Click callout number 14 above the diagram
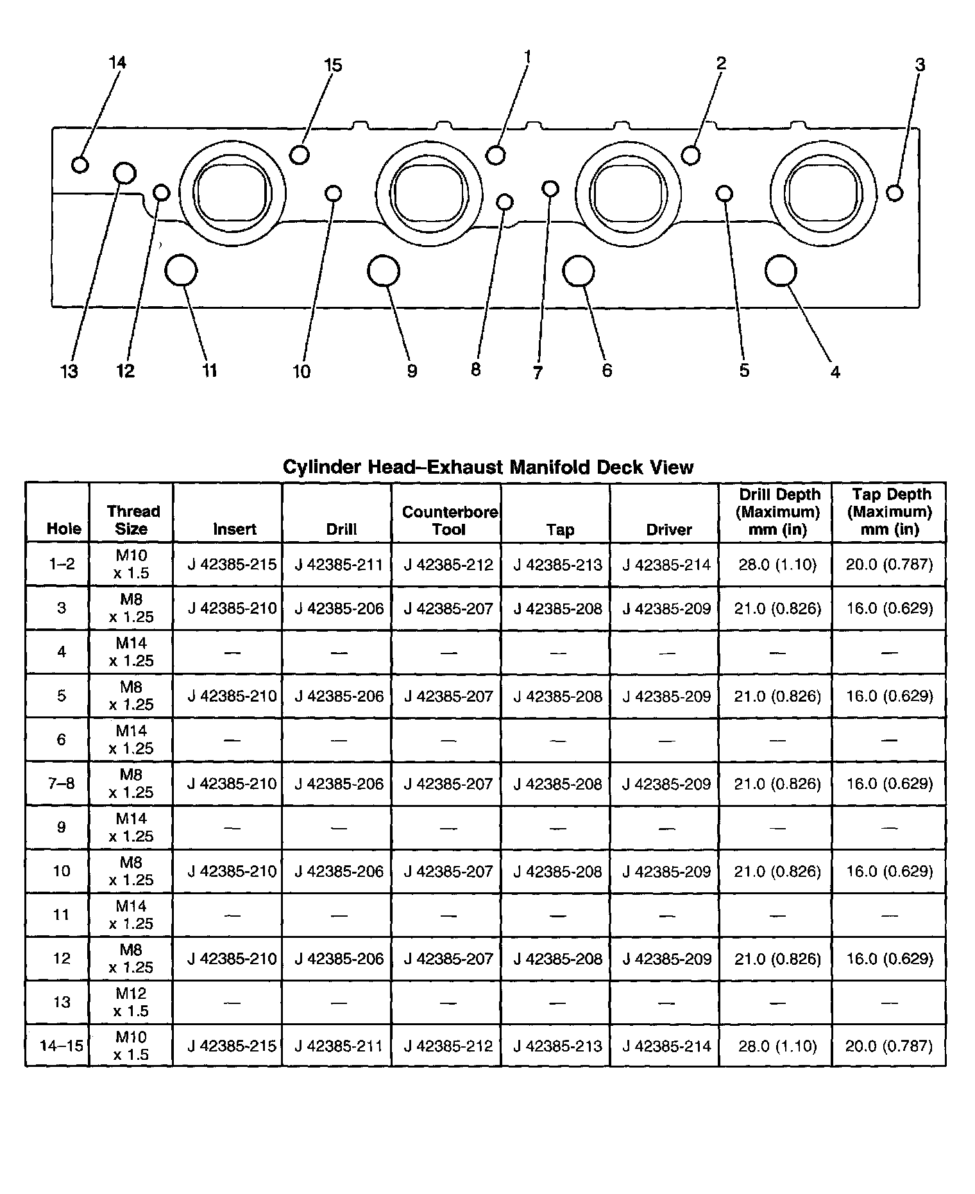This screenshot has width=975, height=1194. click(x=117, y=62)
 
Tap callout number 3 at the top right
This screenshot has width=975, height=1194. click(x=920, y=65)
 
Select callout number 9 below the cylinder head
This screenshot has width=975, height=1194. click(x=412, y=371)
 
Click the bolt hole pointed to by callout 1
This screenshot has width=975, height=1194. click(x=496, y=155)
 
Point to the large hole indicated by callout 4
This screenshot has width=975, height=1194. click(x=781, y=271)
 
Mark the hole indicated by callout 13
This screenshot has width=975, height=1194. click(x=124, y=173)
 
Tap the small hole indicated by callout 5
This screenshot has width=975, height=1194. click(x=724, y=193)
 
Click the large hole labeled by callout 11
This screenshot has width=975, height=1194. click(x=180, y=270)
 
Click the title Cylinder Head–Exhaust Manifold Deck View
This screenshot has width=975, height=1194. click(x=487, y=467)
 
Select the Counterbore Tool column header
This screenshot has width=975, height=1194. click(x=450, y=521)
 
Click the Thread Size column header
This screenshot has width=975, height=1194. click(x=132, y=520)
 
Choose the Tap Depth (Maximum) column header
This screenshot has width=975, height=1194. click(x=889, y=512)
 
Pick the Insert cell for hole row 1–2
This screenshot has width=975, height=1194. click(x=232, y=564)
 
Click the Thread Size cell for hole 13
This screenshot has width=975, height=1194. click(x=131, y=1002)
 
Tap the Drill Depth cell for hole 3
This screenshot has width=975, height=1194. click(x=777, y=608)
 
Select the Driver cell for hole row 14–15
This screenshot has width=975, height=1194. click(x=666, y=1046)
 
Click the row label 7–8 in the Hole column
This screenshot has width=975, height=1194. click(x=61, y=783)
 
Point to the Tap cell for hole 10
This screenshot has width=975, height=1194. click(x=557, y=871)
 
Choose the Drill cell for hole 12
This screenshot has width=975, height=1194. click(x=339, y=958)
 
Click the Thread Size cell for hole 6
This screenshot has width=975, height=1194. click(x=131, y=740)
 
